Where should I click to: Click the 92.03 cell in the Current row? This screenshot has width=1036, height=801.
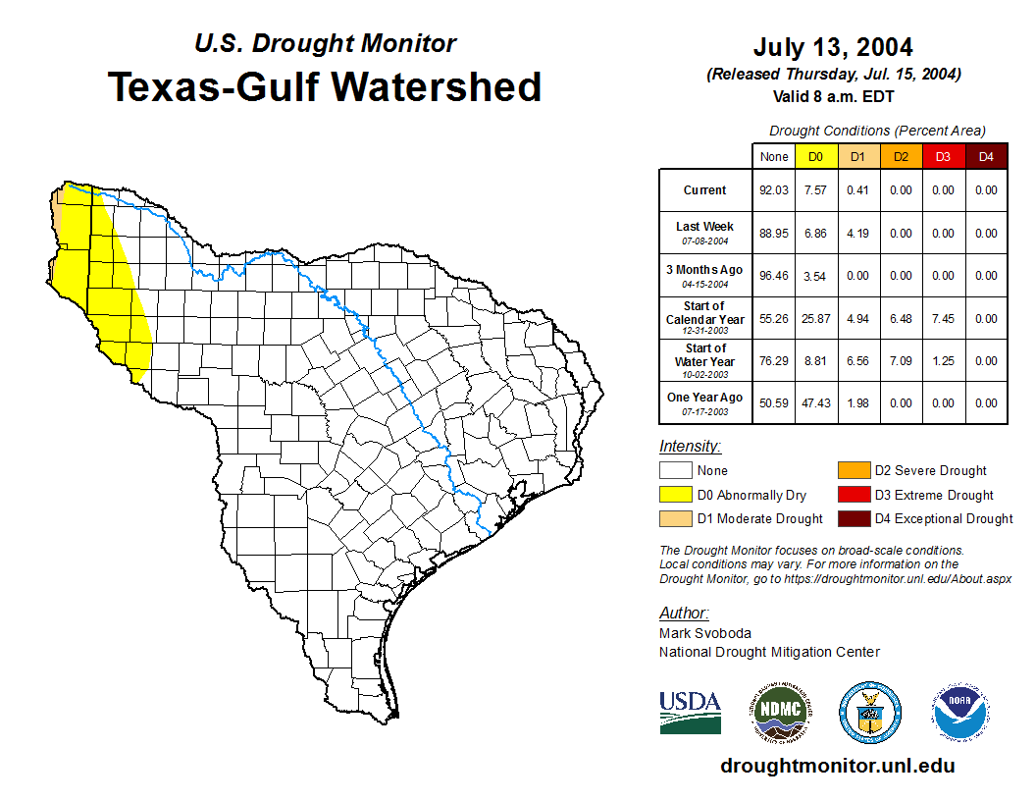[774, 190]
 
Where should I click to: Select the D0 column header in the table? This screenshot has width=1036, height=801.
[816, 156]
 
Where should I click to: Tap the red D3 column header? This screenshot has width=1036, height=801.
[943, 156]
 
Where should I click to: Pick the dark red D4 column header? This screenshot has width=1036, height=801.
[986, 156]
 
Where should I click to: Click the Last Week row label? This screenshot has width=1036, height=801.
[705, 232]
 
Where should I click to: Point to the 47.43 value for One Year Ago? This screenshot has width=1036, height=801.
[816, 402]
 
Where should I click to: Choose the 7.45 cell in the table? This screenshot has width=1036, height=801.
[943, 318]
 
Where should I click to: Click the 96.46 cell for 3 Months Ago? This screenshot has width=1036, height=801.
[774, 276]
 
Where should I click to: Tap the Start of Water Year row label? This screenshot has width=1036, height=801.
[705, 360]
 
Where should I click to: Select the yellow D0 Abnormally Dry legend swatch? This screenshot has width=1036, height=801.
[676, 495]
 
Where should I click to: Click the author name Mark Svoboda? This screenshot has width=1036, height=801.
[704, 633]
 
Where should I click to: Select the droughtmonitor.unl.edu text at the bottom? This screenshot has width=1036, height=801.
[837, 766]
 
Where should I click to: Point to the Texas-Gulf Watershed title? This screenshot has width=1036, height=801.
[324, 86]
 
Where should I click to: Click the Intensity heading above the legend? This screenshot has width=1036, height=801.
[690, 446]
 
